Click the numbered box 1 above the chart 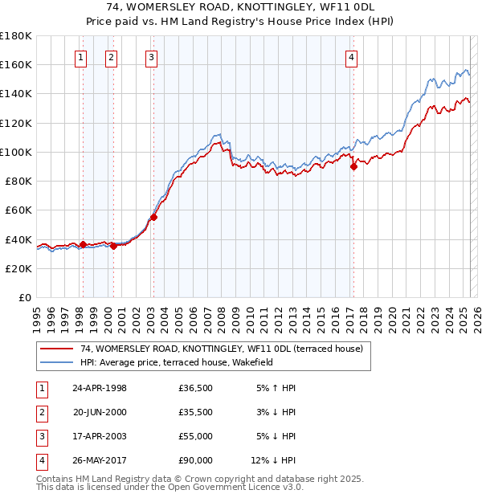coord(82,57)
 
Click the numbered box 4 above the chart coord(352,57)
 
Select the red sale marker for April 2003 coord(153,217)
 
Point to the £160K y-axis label coord(17,64)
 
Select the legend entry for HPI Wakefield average coord(177,362)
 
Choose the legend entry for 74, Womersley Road coord(221,349)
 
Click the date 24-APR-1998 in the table coord(100,388)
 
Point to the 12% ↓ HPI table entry coord(274,460)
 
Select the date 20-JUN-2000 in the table coord(100,412)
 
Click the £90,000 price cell coord(196,460)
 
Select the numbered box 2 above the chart coord(110,57)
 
